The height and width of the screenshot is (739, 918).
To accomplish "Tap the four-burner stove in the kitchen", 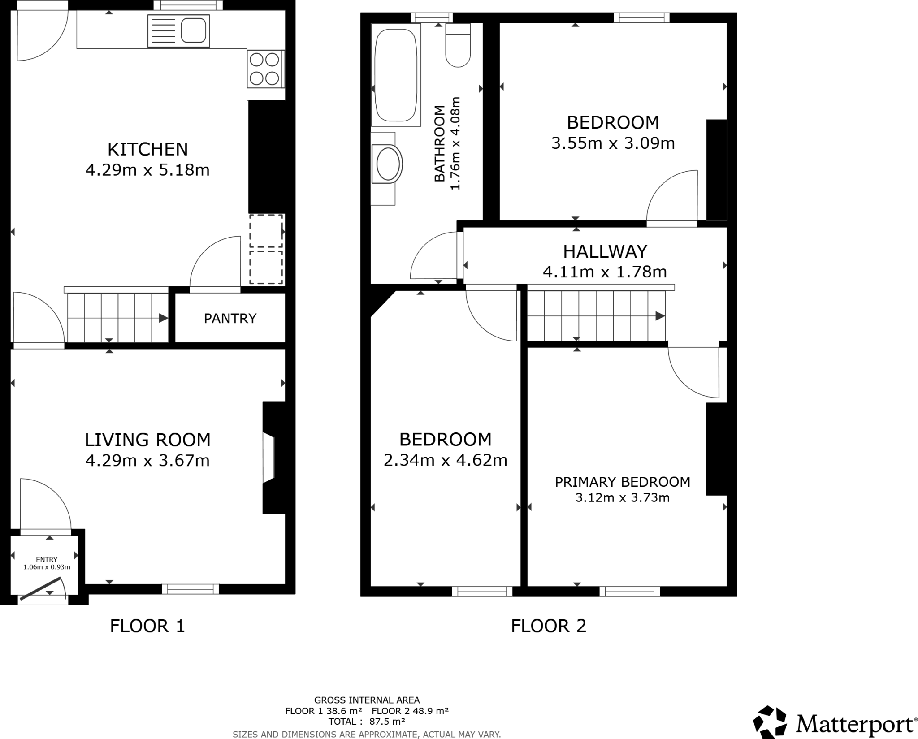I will (x=265, y=69).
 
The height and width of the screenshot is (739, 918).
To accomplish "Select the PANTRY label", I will (x=230, y=319).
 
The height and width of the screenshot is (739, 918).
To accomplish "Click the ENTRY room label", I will (x=47, y=559).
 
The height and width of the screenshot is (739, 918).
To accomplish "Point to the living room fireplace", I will (x=272, y=458).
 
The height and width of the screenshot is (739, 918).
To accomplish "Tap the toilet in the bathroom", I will (x=458, y=47).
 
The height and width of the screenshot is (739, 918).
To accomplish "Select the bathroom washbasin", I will (x=388, y=164).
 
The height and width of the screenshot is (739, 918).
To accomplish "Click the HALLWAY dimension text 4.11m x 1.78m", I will (x=605, y=272).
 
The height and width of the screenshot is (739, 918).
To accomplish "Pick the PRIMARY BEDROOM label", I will (x=622, y=482).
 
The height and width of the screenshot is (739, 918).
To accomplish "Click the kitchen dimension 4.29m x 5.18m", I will (x=147, y=170).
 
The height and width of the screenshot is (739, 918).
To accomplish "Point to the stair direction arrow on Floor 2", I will (x=660, y=316).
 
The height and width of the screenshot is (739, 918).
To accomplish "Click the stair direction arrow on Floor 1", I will (x=163, y=318).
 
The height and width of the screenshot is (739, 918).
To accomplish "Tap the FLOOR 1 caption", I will (x=147, y=626).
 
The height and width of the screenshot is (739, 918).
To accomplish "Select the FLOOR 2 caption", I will (x=549, y=626).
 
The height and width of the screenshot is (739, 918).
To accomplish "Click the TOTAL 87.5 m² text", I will (x=367, y=722).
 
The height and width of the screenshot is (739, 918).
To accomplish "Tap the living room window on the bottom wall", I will (x=191, y=589).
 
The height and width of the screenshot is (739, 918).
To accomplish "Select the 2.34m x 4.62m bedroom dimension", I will (x=445, y=460).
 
